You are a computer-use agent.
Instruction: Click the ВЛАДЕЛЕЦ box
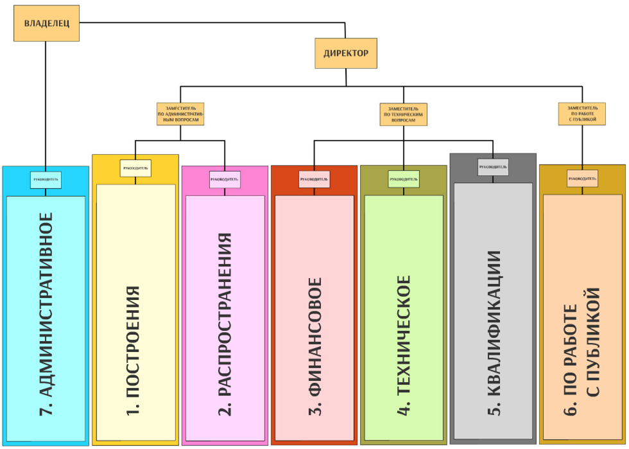coord(47,24)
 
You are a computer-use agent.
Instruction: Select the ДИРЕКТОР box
coord(345,53)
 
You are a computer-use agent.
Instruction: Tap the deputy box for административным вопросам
coord(180,113)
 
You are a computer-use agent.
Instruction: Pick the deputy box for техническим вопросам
coord(403,113)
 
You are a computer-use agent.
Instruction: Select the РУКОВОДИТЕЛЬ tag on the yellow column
coord(135,169)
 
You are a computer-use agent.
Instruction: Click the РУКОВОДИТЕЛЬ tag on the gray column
coord(493,168)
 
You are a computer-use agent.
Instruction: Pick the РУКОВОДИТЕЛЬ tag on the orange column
coord(582,179)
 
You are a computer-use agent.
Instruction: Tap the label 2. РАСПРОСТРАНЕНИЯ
coord(224,324)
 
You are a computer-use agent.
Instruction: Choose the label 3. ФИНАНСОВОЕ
coord(314,347)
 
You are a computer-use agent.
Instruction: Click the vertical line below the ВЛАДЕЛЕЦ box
coord(46,103)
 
